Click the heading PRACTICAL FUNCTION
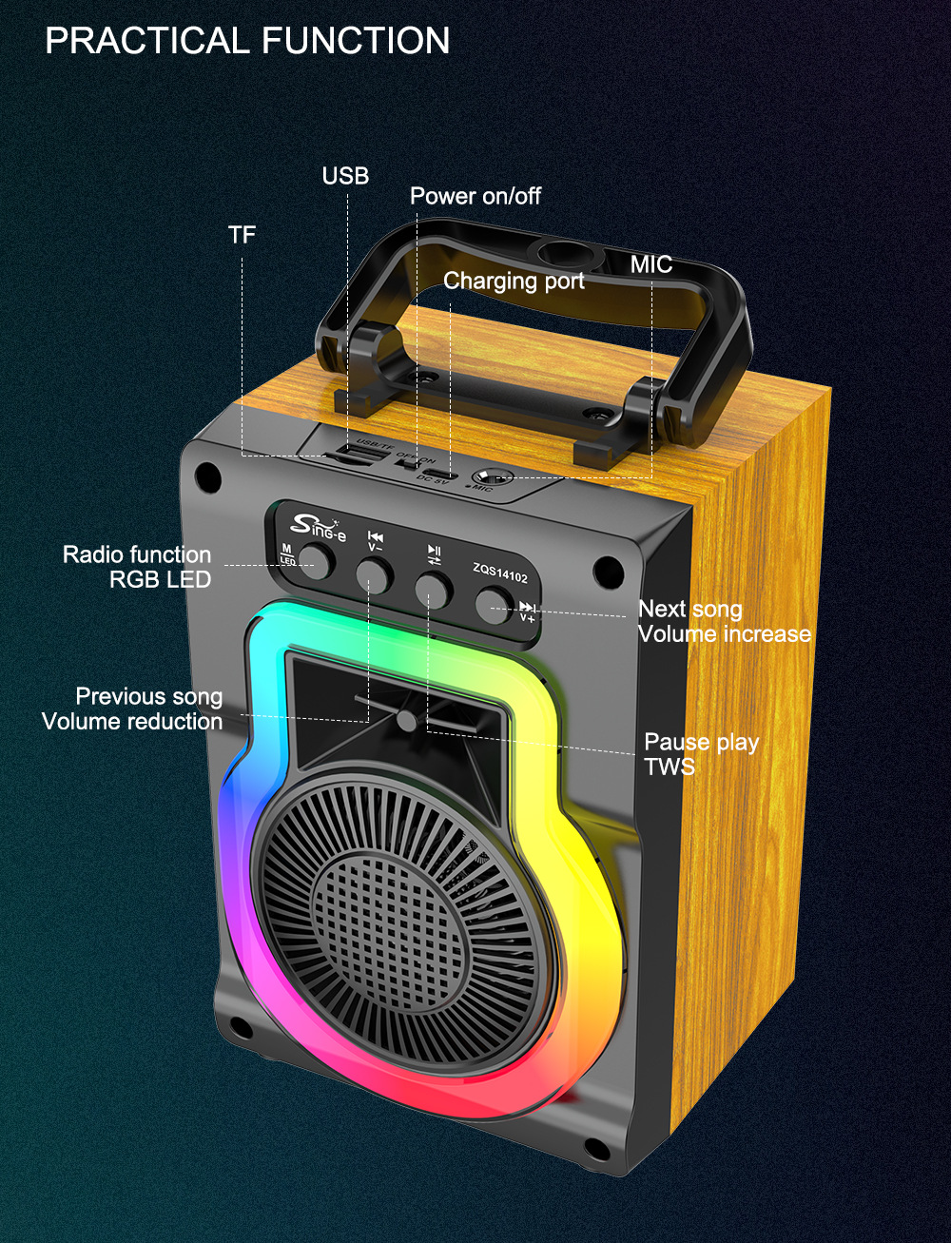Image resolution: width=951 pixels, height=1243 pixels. [247, 41]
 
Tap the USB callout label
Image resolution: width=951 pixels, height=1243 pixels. [345, 176]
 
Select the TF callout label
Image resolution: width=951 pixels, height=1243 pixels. [242, 234]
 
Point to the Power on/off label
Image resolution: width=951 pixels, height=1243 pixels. [475, 196]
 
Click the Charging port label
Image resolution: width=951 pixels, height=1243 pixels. [514, 281]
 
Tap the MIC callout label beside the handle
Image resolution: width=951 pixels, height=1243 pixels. [650, 264]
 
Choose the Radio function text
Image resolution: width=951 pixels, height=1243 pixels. [137, 554]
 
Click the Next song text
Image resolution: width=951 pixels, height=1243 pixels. [689, 609]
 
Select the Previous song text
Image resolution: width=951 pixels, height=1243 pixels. [149, 696]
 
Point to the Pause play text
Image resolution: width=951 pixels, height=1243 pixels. [701, 742]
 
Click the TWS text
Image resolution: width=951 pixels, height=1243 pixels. [670, 767]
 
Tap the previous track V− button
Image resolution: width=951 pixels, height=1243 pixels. [374, 575]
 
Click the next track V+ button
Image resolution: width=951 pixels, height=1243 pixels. [494, 604]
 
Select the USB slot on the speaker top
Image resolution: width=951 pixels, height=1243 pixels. [361, 456]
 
